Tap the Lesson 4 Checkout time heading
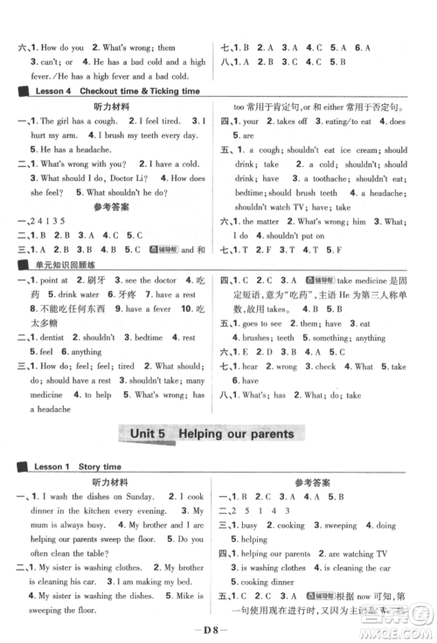(114, 91)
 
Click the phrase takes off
(288, 121)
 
